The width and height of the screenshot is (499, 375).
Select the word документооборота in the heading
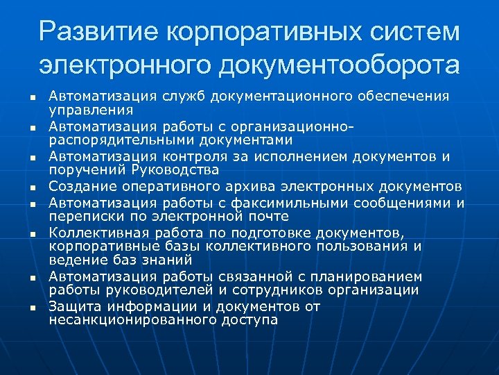coord(338,65)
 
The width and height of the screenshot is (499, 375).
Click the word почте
coord(268,216)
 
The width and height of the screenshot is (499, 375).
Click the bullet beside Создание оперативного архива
coord(32,187)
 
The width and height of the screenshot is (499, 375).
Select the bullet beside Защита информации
coord(32,307)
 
